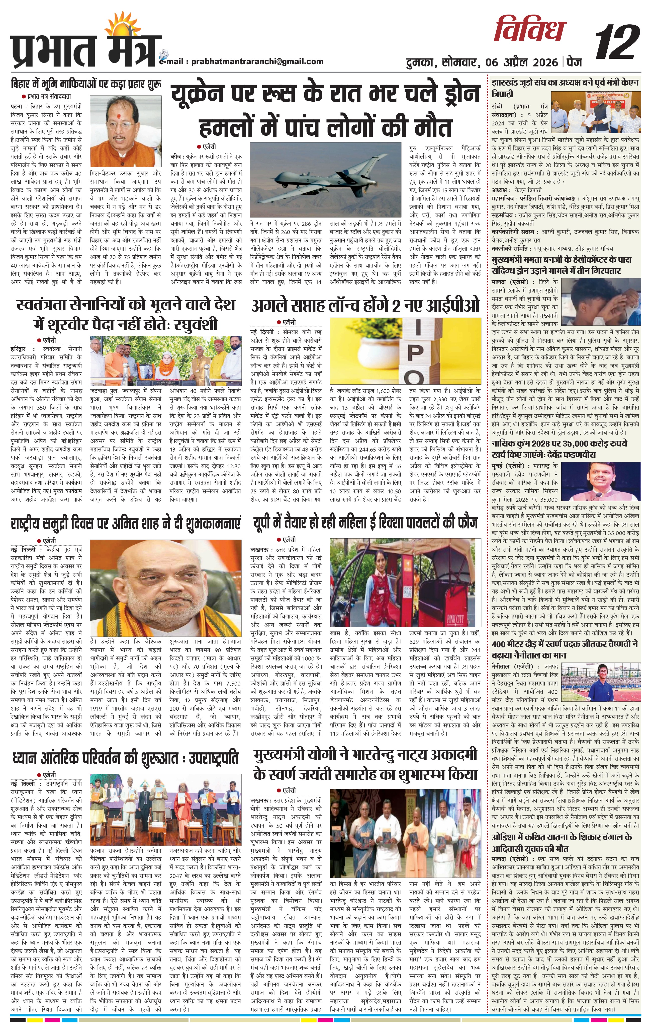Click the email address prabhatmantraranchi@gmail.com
(257, 61)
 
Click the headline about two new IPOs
(365, 306)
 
